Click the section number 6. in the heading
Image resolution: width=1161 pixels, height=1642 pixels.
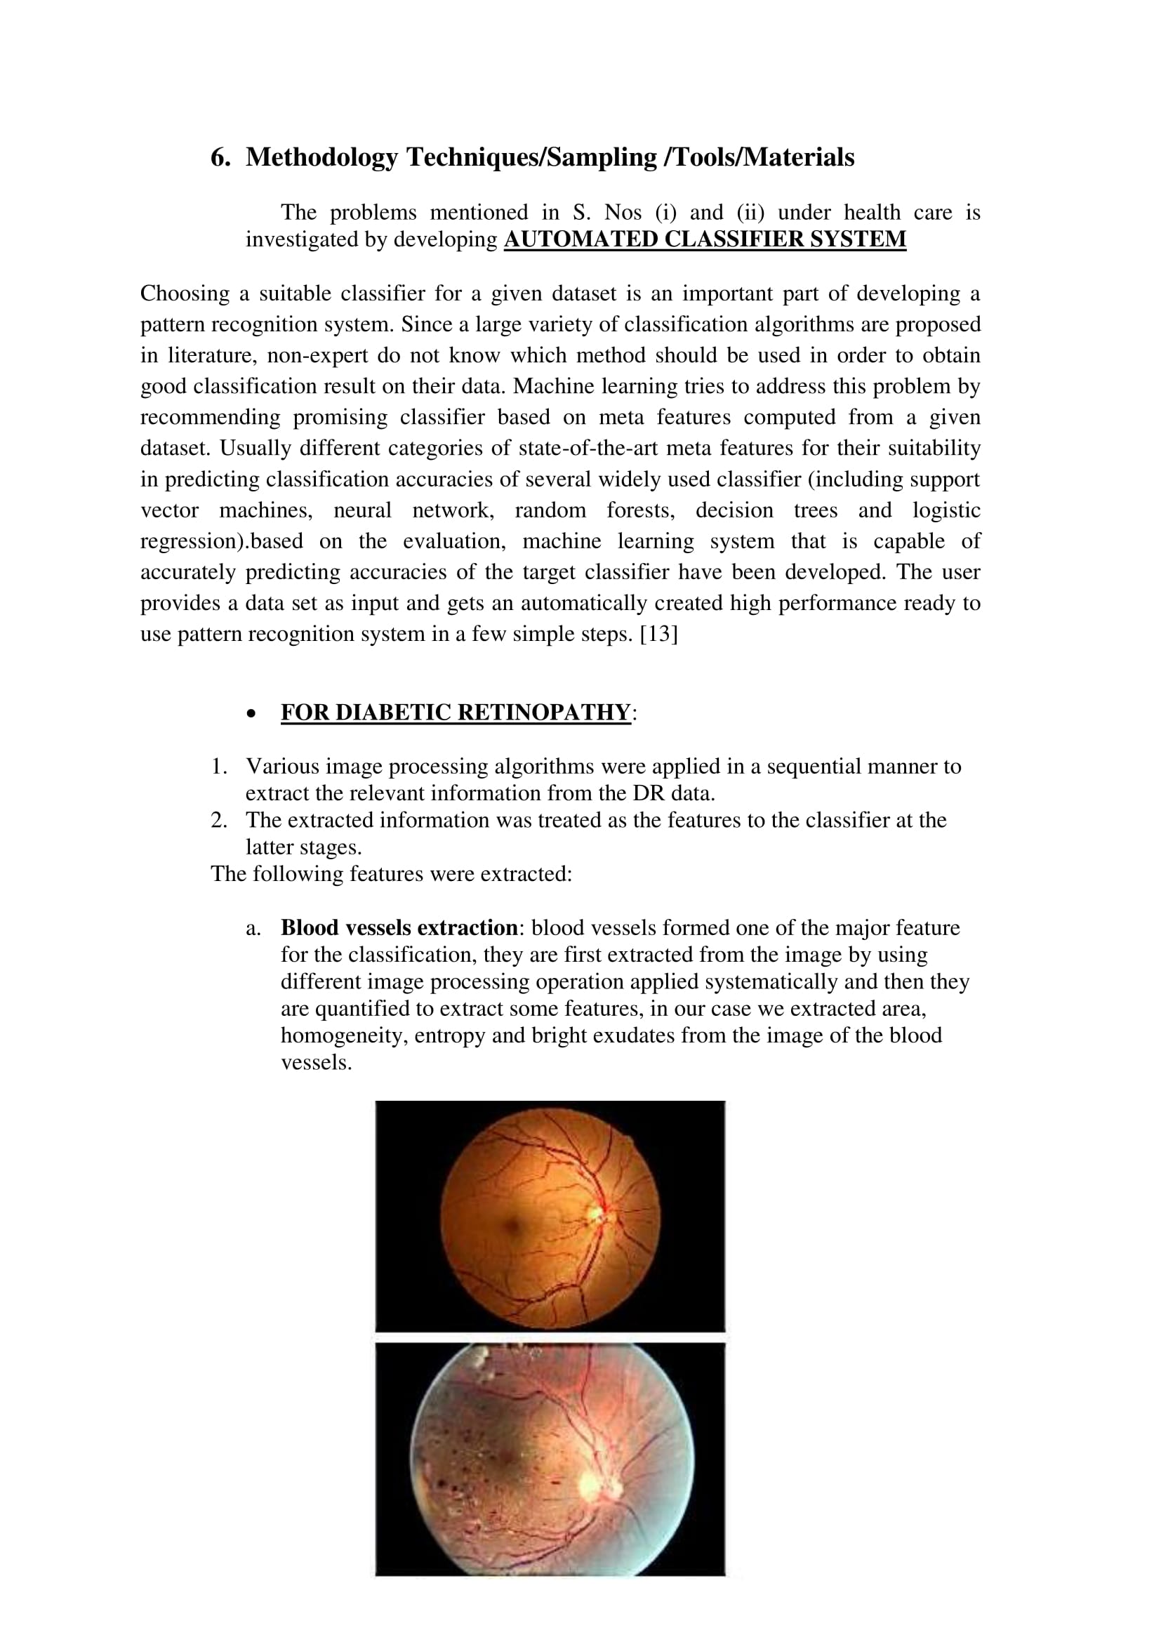[220, 157]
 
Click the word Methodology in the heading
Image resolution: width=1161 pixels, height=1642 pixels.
[321, 157]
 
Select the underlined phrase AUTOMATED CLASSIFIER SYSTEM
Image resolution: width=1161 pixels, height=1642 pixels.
[705, 239]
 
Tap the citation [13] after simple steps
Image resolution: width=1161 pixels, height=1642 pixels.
[658, 635]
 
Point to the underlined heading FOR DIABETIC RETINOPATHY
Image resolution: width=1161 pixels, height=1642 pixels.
[456, 713]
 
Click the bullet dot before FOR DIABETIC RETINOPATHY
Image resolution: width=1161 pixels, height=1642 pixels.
[251, 714]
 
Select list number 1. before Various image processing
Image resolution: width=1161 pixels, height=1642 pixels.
[219, 767]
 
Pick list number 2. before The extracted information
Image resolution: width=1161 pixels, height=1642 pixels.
[219, 820]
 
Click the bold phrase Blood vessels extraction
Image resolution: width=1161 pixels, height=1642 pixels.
[399, 927]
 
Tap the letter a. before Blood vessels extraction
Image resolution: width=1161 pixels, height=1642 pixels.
[253, 928]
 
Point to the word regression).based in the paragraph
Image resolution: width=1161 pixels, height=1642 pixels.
[222, 541]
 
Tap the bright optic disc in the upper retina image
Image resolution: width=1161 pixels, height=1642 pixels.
[595, 1213]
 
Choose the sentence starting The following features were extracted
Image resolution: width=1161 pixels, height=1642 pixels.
[391, 874]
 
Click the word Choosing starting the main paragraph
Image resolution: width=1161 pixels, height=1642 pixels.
[185, 293]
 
